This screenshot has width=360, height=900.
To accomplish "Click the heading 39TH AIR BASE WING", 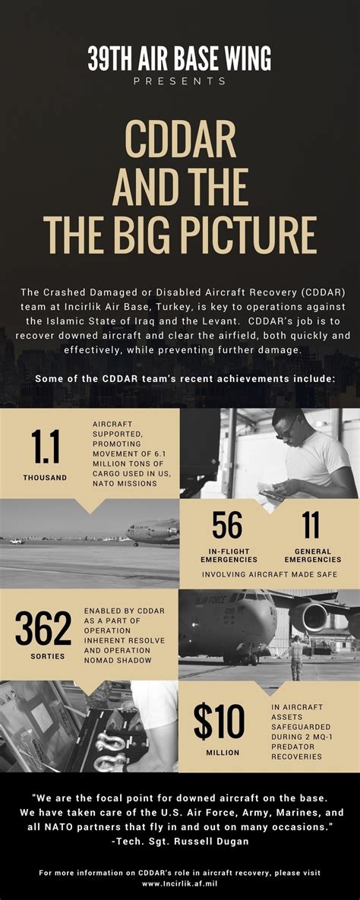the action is coord(179,58).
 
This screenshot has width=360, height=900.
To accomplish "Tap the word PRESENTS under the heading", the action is coord(179,81).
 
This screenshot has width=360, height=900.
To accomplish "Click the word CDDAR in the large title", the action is coord(179,144).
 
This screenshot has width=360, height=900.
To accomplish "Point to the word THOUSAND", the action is coord(45,478).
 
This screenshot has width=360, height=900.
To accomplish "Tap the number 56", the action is coord(227,525).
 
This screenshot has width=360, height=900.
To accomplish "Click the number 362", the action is coord(44,629).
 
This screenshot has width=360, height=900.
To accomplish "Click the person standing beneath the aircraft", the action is coord(295,655).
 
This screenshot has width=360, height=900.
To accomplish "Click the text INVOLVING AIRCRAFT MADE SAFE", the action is coord(269,574).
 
